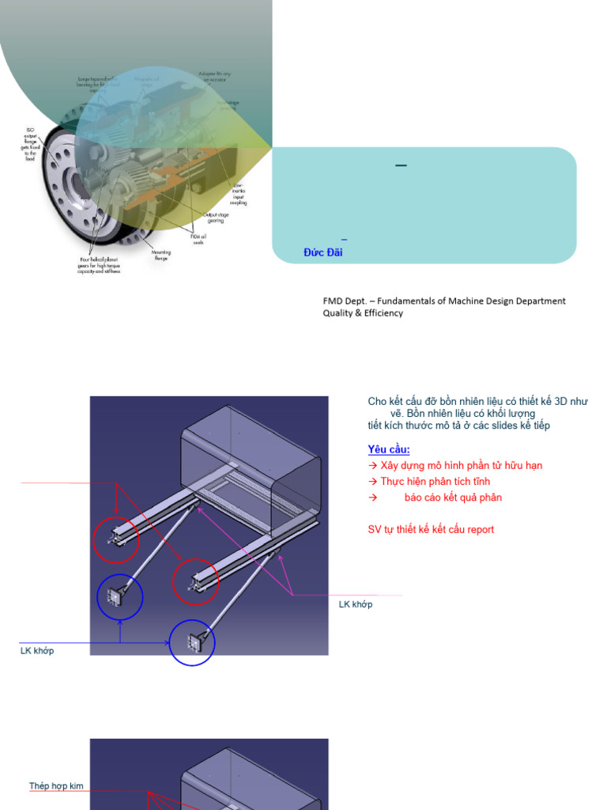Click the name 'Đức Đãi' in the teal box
tap(322, 252)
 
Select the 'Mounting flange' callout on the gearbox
tap(161, 255)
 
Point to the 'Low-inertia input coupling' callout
tap(238, 194)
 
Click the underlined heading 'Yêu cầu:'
tap(389, 449)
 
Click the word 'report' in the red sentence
tap(481, 529)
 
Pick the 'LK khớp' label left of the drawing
tap(37, 651)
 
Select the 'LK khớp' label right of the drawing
tap(356, 604)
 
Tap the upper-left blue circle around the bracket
tap(120, 598)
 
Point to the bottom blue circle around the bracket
tap(192, 642)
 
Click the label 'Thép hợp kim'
tap(56, 786)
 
